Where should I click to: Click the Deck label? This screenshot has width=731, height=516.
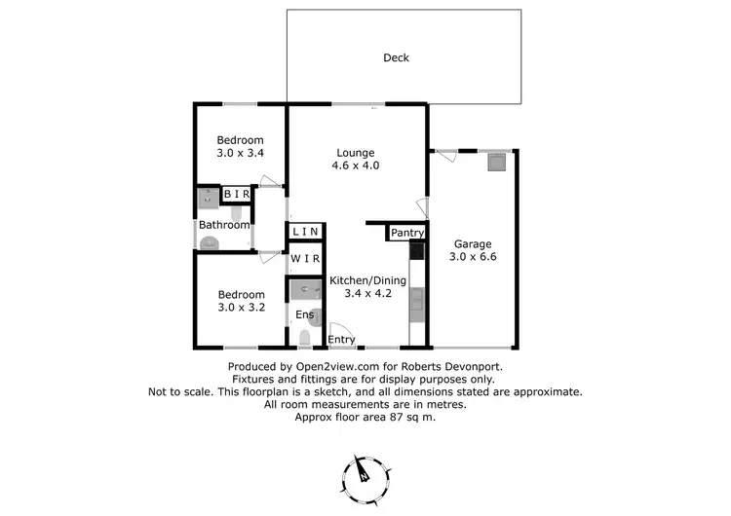(x=396, y=57)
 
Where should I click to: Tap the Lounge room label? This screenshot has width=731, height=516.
(x=356, y=152)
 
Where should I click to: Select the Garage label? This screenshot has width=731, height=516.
(x=472, y=244)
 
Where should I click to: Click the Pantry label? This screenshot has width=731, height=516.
(x=404, y=234)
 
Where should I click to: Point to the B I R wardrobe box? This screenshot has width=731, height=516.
(x=238, y=195)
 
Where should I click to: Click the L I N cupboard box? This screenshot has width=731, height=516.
(x=305, y=231)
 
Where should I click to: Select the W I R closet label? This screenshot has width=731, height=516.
(x=305, y=260)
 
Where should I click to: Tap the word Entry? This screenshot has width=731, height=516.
(x=341, y=339)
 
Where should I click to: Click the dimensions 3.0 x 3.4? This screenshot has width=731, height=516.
(x=240, y=153)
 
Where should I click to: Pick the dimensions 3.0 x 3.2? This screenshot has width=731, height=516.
(x=240, y=308)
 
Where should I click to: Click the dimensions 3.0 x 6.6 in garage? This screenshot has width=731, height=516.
(x=472, y=258)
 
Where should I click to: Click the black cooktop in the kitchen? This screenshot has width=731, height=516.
(x=417, y=251)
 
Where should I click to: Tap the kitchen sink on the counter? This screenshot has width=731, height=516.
(x=417, y=304)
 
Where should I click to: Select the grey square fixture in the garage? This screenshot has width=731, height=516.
(x=497, y=162)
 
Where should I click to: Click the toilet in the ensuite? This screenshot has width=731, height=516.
(x=305, y=338)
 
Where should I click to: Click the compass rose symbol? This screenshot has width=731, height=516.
(x=365, y=474)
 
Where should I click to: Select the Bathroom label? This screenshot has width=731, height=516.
(x=224, y=225)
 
